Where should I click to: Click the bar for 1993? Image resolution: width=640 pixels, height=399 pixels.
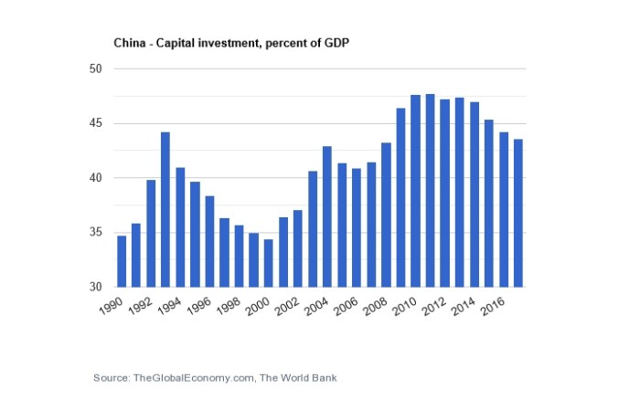pyautogui.click(x=165, y=210)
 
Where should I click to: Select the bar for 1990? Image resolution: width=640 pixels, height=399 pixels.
pyautogui.click(x=122, y=261)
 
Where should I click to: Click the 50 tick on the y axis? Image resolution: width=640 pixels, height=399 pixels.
pyautogui.click(x=94, y=69)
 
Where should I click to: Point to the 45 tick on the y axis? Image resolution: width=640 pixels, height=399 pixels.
pyautogui.click(x=94, y=124)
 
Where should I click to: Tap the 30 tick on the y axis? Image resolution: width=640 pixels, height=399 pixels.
pyautogui.click(x=94, y=287)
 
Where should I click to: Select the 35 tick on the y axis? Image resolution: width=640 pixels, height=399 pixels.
pyautogui.click(x=94, y=233)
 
